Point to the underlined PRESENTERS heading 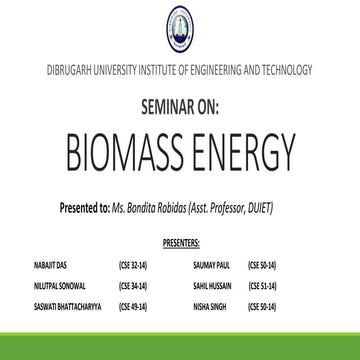[x=180, y=241]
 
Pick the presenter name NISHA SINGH [x=208, y=302]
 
